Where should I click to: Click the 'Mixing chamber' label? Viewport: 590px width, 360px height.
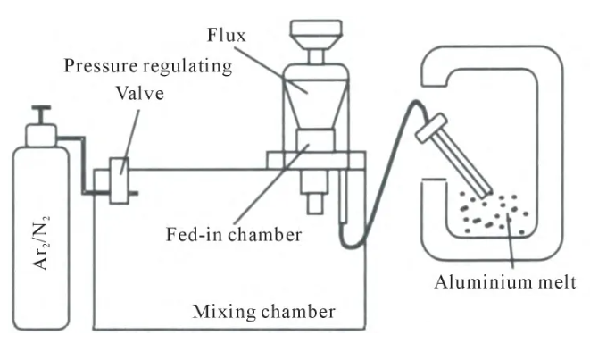coord(264,313)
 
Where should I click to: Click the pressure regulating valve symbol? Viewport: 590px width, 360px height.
coord(118,179)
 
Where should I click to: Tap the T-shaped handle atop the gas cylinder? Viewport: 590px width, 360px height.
coord(39,113)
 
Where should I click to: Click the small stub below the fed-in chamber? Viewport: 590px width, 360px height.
coord(313,202)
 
